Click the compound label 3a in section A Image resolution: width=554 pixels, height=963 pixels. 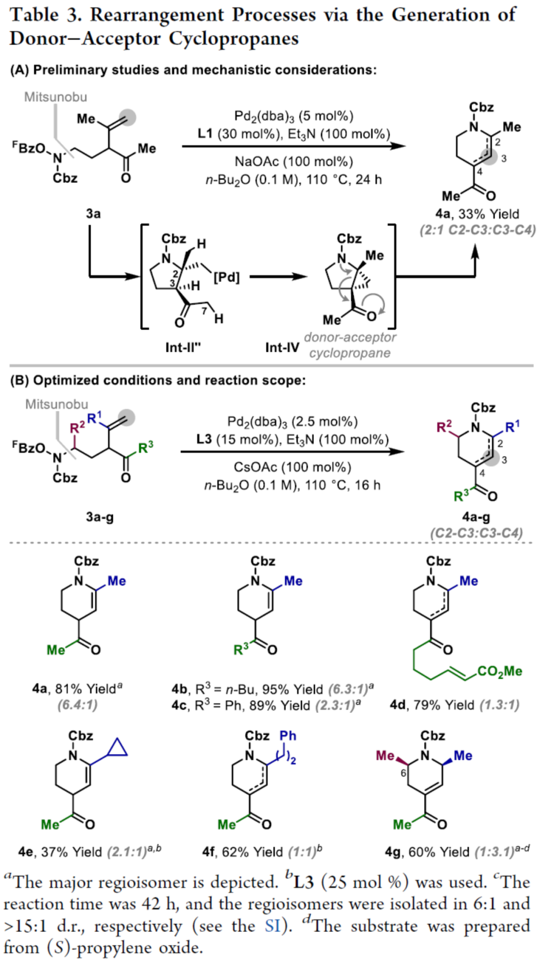pos(93,213)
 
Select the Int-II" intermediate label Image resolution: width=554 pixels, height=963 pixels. pos(183,347)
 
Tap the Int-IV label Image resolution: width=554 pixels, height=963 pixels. pos(282,347)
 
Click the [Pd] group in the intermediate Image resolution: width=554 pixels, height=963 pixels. pos(226,277)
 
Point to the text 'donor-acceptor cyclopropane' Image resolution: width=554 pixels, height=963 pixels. pos(350,345)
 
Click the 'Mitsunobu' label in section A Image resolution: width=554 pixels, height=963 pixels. pos(55,97)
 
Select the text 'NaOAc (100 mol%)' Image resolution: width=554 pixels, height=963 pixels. pos(293,161)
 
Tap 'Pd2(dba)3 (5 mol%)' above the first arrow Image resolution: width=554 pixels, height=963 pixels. pos(293,116)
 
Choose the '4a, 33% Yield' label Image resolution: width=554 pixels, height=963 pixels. pos(477,214)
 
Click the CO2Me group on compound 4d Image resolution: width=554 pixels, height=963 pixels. pos(499,671)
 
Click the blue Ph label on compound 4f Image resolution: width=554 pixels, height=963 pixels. pos(287,736)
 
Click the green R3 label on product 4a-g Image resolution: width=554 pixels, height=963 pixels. pos(461,495)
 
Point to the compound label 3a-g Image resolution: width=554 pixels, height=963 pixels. pos(99,517)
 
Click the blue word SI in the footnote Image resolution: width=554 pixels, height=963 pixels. pos(272,926)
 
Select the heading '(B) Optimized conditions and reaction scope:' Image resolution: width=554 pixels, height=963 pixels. pos(158,381)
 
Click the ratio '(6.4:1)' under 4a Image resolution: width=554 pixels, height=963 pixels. pos(77,705)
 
